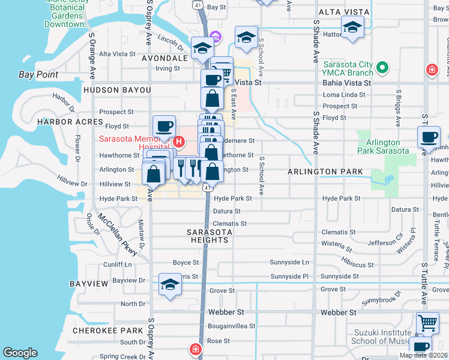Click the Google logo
20,353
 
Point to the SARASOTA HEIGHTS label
208,236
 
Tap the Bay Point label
38,75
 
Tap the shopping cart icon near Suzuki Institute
427,323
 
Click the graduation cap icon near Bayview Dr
170,284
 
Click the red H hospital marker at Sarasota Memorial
178,142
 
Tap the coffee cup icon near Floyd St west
164,126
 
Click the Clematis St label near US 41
230,223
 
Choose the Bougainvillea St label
232,326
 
